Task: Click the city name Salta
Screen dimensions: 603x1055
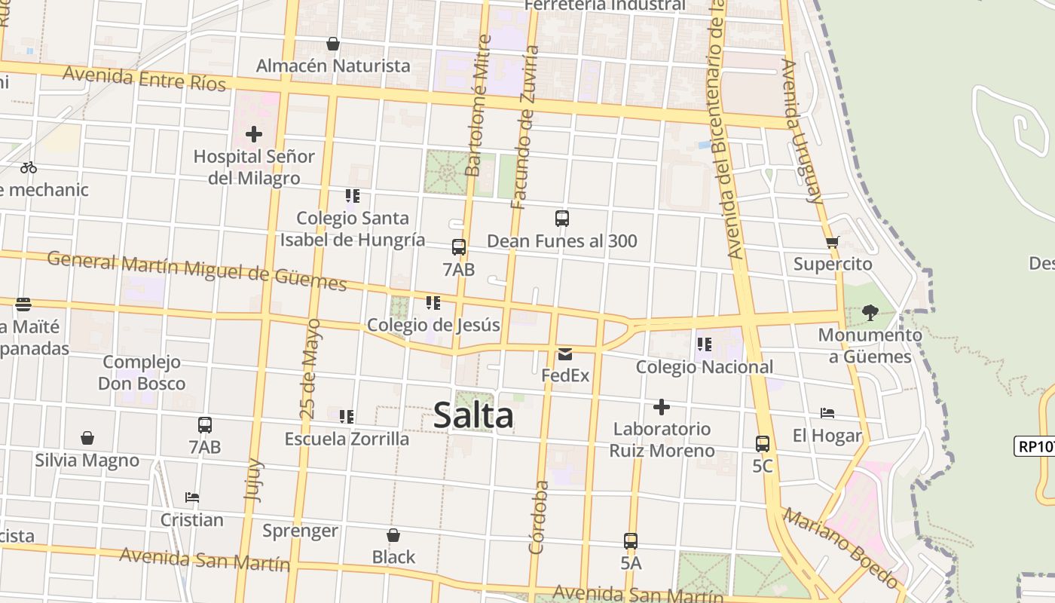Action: (x=473, y=415)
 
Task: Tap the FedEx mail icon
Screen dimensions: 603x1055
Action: (x=565, y=354)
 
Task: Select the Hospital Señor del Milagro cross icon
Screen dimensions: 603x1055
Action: (x=254, y=135)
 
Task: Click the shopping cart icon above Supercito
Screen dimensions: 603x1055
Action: (x=832, y=243)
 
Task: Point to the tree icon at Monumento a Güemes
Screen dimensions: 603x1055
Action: (x=870, y=313)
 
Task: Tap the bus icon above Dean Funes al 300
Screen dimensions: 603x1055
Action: (x=561, y=219)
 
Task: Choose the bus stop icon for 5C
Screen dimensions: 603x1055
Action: (x=763, y=444)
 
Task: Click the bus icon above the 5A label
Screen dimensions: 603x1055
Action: (x=631, y=541)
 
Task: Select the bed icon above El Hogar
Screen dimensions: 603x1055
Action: (x=827, y=413)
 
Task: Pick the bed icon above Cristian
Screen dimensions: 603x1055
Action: (x=192, y=497)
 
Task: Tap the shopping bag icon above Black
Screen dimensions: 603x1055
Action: (x=393, y=535)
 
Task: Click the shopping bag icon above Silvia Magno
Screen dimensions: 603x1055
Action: (x=87, y=438)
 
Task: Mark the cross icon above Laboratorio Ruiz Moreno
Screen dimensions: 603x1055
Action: (x=661, y=407)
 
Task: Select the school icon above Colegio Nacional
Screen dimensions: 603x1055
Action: (x=704, y=345)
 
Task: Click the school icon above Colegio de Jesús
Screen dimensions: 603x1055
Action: (x=433, y=303)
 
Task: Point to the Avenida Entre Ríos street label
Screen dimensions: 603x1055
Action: (x=144, y=78)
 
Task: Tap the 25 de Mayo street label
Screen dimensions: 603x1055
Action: (x=310, y=369)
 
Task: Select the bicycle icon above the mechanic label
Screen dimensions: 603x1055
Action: (x=29, y=167)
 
